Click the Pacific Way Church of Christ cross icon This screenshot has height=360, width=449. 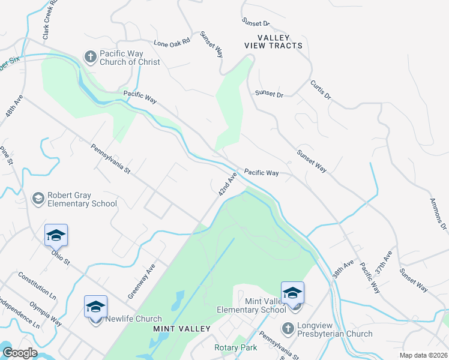(90, 57)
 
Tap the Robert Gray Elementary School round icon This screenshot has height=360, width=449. (38, 199)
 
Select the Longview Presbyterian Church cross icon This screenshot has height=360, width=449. (288, 328)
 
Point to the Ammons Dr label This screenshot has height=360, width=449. (439, 214)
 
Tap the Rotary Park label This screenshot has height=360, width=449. (236, 347)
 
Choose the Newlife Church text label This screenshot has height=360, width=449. (133, 319)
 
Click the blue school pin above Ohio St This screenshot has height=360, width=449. (56, 235)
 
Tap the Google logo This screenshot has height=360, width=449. (20, 353)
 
